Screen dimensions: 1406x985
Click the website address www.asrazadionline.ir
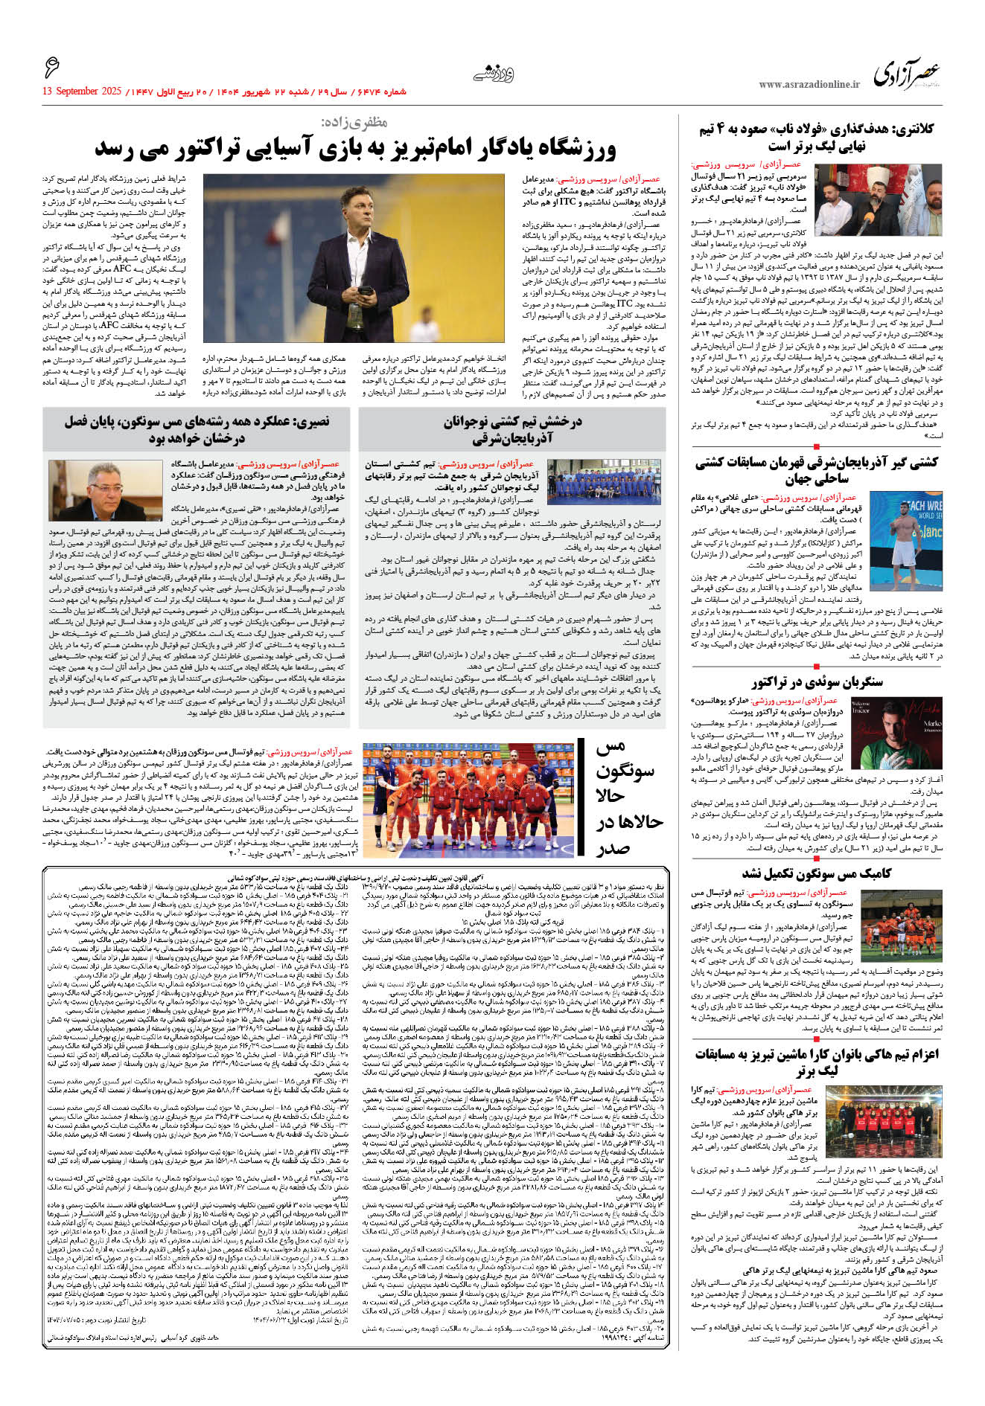click(x=809, y=84)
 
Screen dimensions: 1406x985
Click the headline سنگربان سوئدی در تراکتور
click(x=817, y=681)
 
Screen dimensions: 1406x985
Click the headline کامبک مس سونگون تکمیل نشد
click(x=816, y=873)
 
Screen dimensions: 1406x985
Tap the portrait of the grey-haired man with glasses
click(x=104, y=490)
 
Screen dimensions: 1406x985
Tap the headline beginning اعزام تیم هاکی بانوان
click(x=817, y=1063)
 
